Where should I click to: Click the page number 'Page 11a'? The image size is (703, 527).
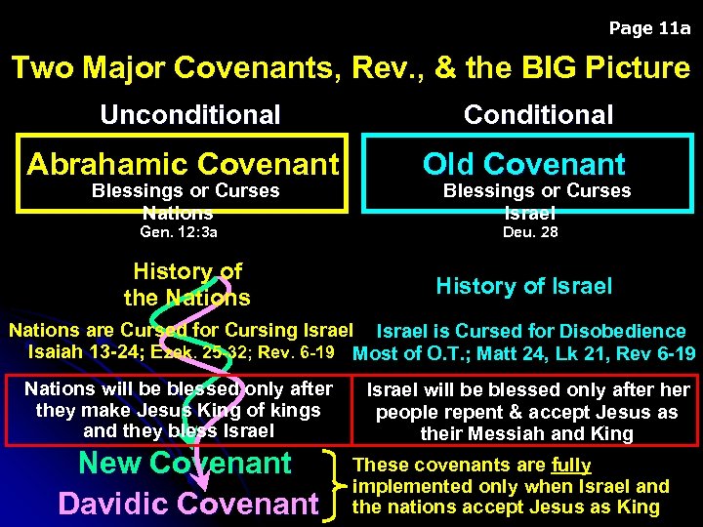tap(648, 28)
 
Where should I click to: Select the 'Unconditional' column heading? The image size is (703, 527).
tap(189, 115)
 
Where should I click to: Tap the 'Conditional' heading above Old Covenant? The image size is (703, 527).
tap(538, 115)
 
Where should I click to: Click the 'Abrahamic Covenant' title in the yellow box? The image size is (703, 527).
tap(184, 163)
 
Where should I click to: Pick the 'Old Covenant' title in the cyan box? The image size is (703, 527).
tap(523, 163)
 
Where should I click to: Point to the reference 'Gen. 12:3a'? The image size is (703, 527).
tap(179, 232)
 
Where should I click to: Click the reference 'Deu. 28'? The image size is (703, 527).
tap(530, 232)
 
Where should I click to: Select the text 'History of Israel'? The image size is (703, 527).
tap(523, 286)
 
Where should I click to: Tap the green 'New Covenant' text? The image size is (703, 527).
tap(185, 463)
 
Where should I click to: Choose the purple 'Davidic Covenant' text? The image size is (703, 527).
tap(188, 504)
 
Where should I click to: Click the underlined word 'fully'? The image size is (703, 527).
tap(571, 466)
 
